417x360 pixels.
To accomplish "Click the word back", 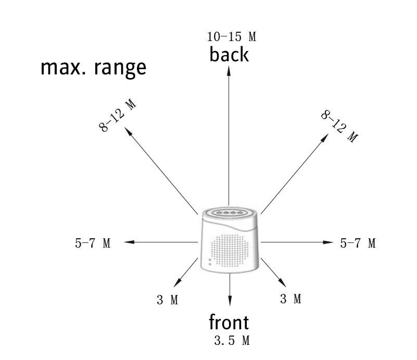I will pos(229,54).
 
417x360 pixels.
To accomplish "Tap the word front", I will pos(229,323).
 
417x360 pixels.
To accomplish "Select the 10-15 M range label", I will pos(232,37).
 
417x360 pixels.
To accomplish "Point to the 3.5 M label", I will pos(232,341).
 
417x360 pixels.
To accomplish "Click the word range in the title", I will pos(121,68).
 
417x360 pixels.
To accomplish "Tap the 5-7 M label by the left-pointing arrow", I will pos(93,243).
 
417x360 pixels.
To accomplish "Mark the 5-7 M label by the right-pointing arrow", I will pos(358,243).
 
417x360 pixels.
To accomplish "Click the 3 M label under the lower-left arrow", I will pos(168,300).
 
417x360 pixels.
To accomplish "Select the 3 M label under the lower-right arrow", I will pos(290,299).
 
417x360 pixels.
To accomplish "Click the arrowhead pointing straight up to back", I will pos(229,71).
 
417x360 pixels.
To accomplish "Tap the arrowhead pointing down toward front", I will pos(230,302).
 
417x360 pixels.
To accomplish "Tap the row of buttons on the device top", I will pos(229,213).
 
